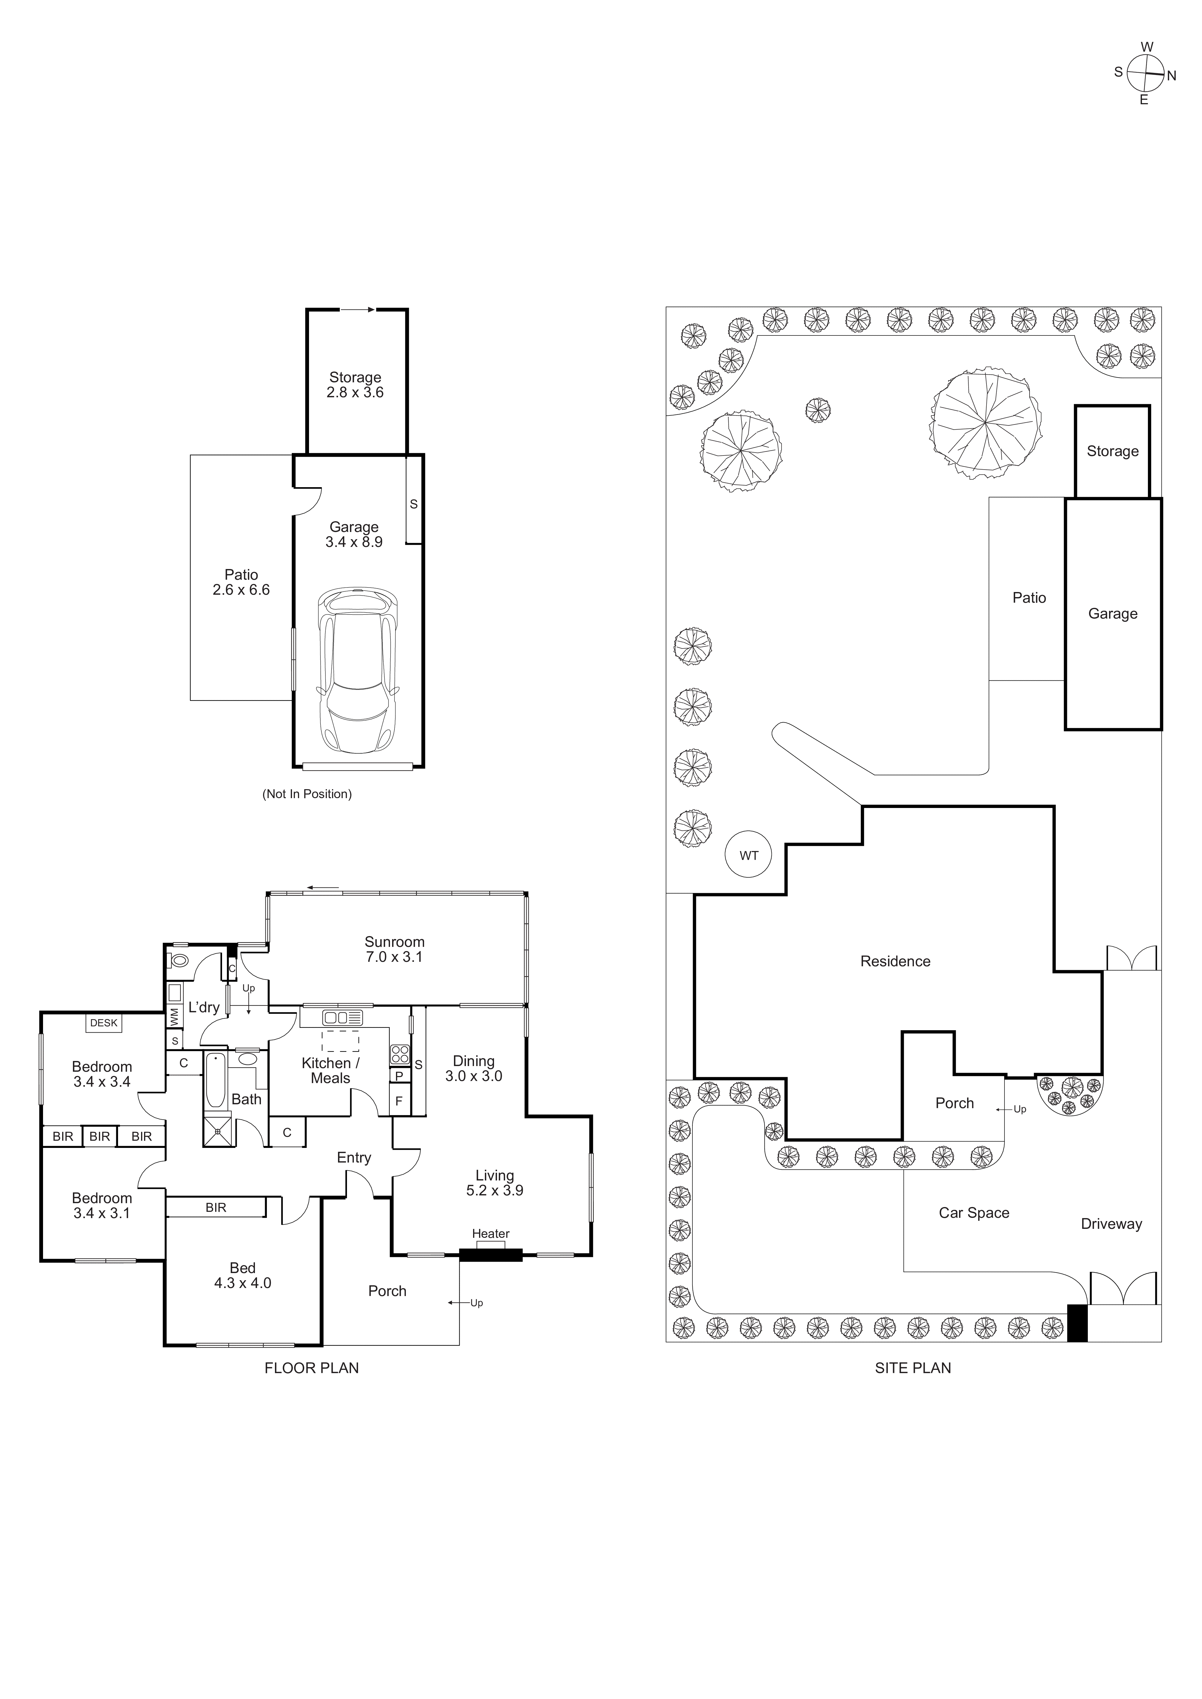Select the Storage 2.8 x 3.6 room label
point(355,385)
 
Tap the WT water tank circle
point(749,855)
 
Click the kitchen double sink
point(342,1018)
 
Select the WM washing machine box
point(175,1017)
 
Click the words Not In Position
point(307,794)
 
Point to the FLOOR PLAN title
point(312,1368)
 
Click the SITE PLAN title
point(913,1368)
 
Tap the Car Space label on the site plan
point(974,1213)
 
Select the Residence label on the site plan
point(895,961)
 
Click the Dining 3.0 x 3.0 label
point(474,1068)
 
